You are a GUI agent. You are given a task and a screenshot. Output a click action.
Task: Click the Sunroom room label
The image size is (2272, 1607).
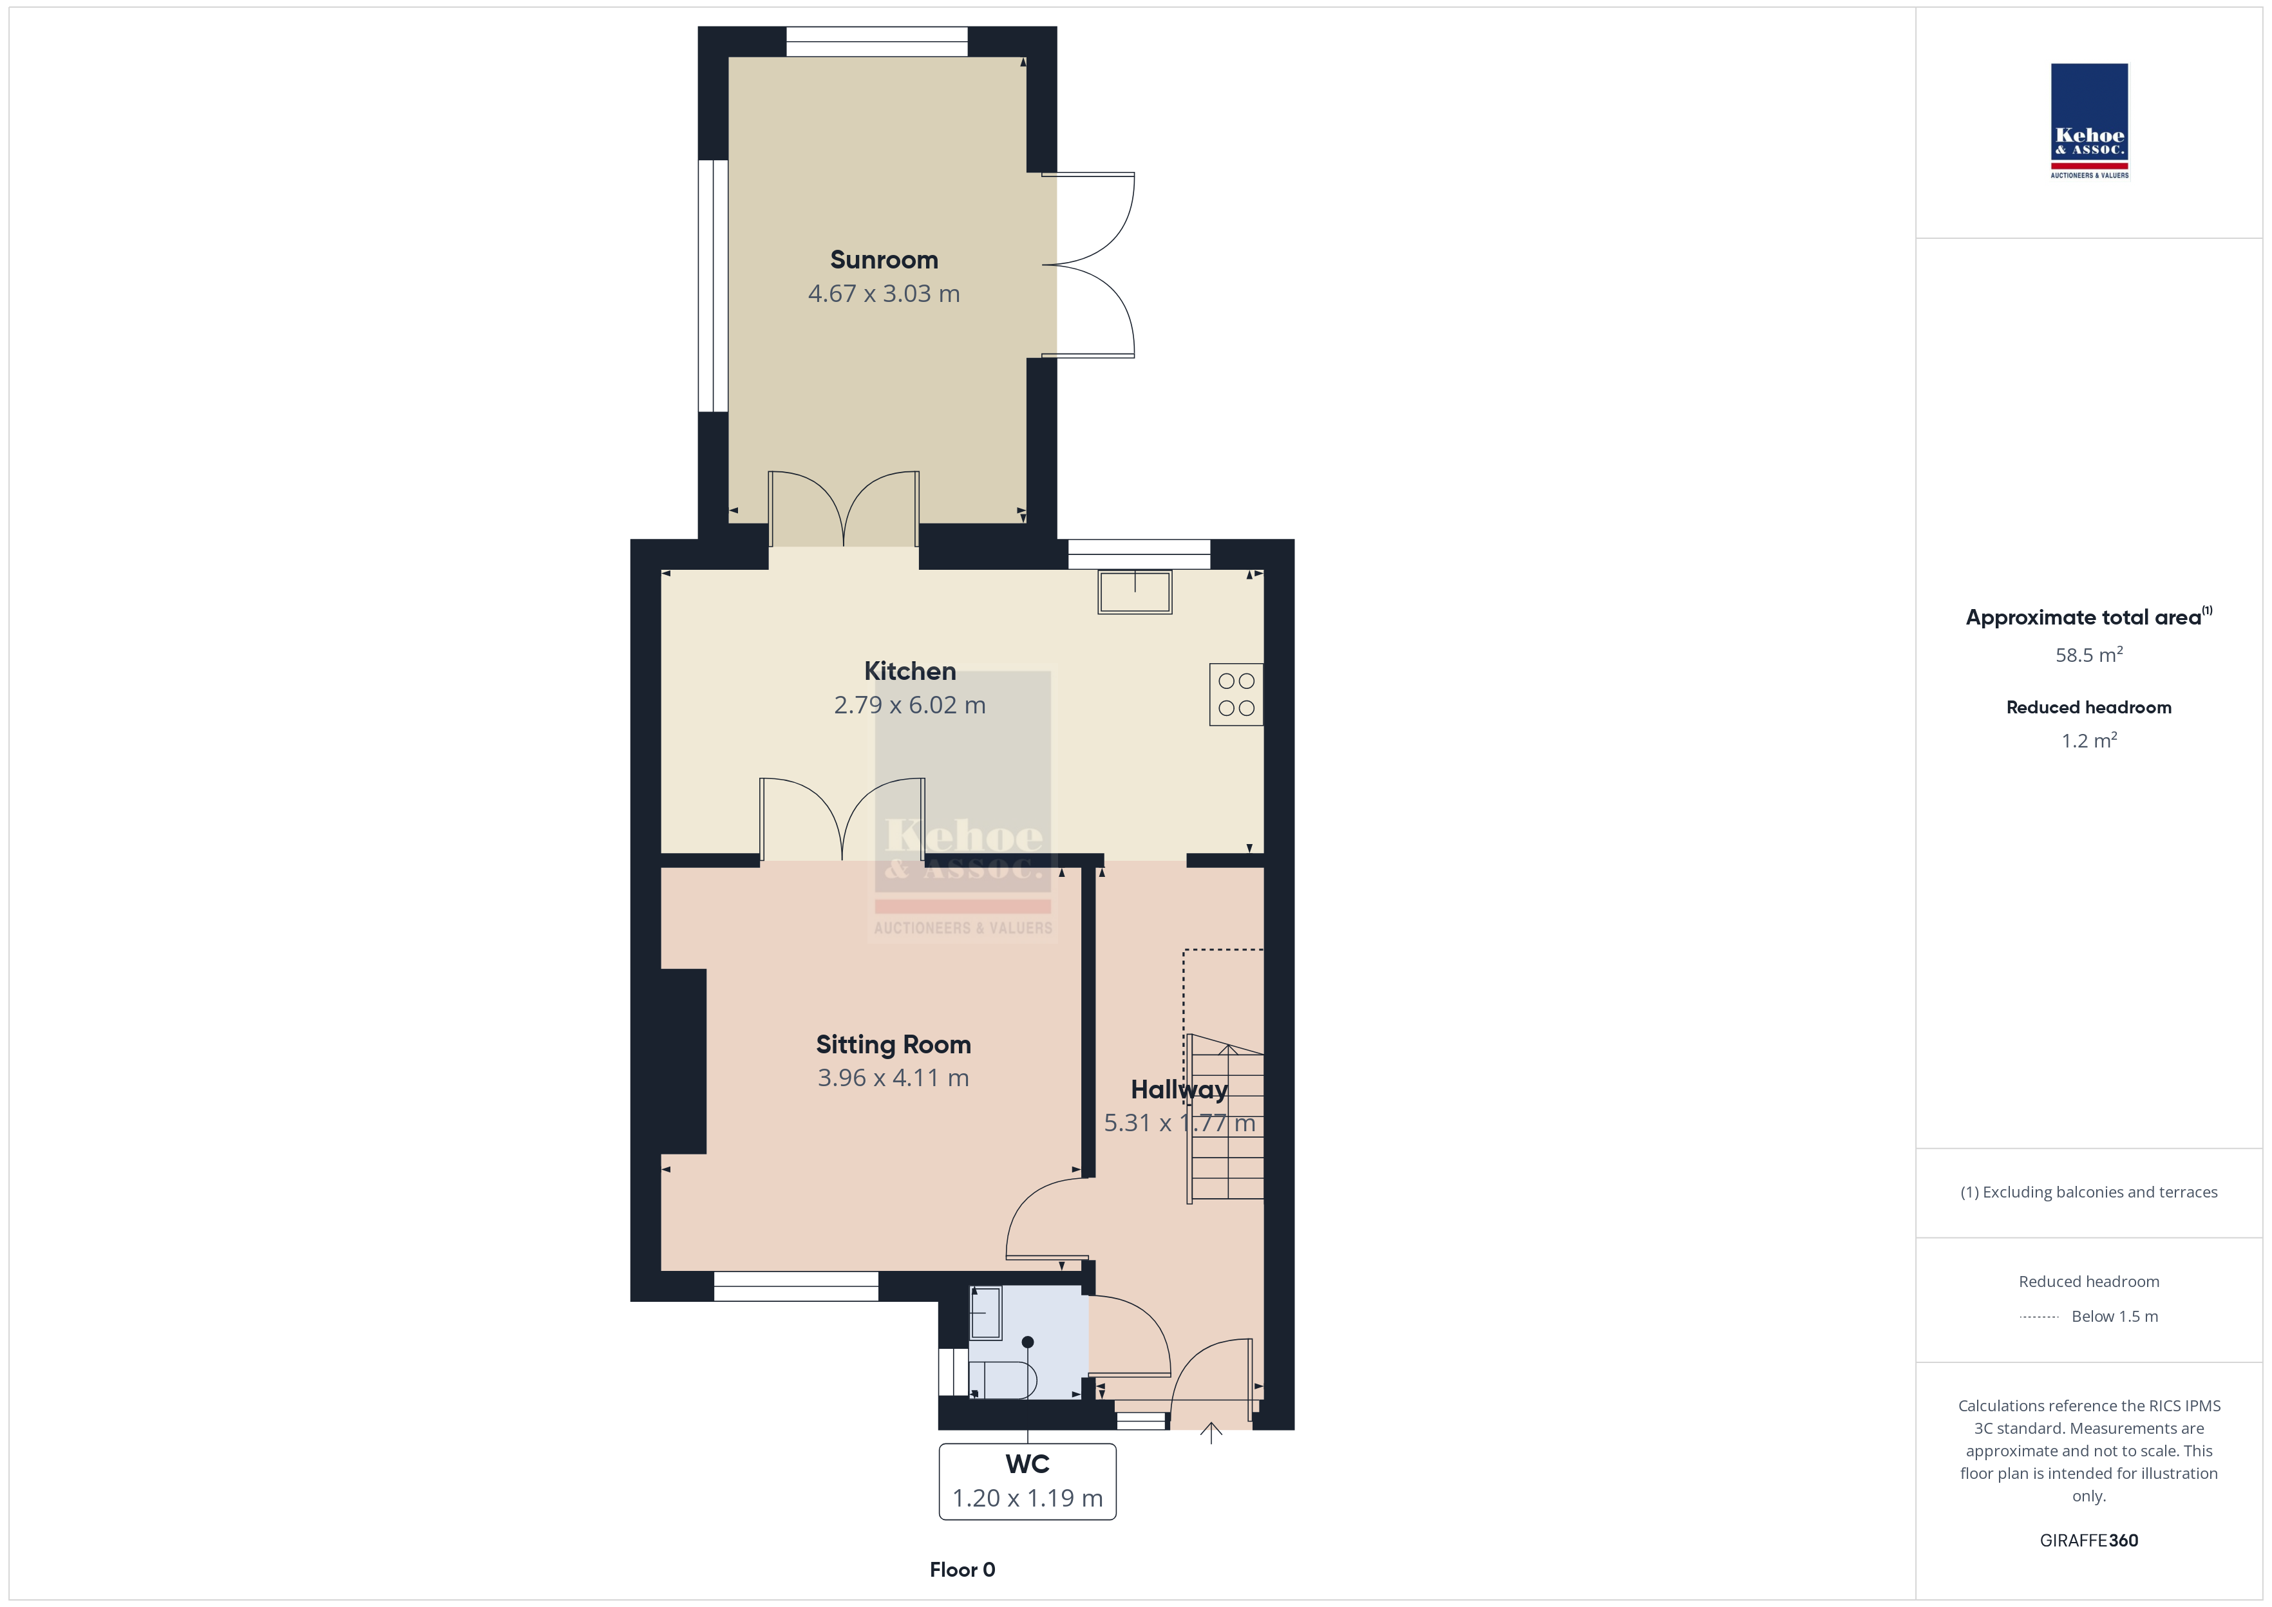(x=884, y=260)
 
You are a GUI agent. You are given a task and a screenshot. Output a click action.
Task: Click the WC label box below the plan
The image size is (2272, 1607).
(x=1027, y=1481)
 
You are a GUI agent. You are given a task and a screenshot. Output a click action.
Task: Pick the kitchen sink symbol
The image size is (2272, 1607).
(x=1135, y=592)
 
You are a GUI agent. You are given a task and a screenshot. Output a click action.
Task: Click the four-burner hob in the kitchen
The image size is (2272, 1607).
(x=1236, y=695)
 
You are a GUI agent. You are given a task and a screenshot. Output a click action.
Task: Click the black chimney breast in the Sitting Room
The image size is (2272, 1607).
(x=683, y=1061)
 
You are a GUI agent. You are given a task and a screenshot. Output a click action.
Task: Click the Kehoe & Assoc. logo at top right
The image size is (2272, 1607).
(x=2089, y=121)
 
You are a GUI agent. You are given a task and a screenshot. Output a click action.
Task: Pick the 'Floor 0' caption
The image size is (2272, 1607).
(x=962, y=1570)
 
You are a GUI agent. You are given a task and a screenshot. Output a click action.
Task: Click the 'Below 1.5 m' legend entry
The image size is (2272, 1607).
(x=2115, y=1316)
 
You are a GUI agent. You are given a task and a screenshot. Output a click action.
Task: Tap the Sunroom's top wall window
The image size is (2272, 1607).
(x=876, y=42)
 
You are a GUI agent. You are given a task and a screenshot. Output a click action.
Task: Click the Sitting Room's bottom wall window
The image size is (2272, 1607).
(x=795, y=1286)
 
